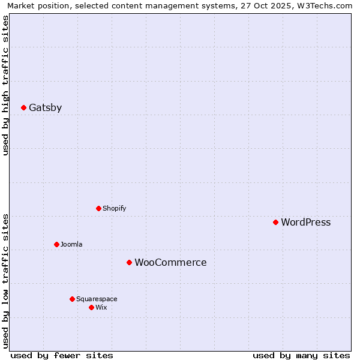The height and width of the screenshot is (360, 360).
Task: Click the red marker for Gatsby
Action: (24, 108)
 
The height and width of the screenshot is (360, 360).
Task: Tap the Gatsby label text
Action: (46, 108)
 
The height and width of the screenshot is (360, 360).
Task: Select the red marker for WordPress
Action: (276, 223)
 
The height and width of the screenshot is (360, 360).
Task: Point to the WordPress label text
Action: (306, 223)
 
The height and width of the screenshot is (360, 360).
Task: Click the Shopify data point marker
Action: (99, 209)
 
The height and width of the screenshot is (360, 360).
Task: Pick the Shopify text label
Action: (115, 209)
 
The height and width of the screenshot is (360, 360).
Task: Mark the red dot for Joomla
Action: (57, 245)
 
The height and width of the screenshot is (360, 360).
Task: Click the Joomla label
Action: (71, 245)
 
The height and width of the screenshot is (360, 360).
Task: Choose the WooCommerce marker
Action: (130, 263)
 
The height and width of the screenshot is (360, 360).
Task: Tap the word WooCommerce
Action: (171, 263)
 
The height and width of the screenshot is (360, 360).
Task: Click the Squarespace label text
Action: (97, 299)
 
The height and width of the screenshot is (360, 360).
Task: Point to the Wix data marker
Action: (92, 308)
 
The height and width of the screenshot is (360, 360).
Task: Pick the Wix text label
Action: (101, 308)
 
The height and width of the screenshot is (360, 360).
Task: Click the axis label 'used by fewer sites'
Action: (62, 356)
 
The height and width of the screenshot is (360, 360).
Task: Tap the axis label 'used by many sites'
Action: (301, 356)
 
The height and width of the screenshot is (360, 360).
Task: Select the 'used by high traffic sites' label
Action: (5, 85)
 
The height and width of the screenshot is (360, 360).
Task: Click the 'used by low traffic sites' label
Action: (5, 281)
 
